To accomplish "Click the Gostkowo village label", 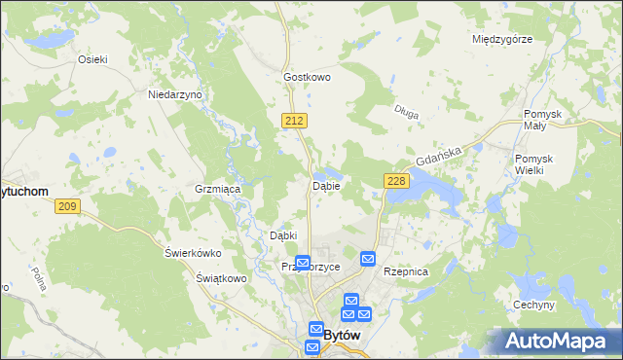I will (308, 76).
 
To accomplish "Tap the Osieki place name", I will (92, 58).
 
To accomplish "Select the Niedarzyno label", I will (174, 95).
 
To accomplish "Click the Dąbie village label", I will (325, 186).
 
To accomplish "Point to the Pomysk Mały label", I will (543, 121).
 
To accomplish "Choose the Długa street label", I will (408, 113).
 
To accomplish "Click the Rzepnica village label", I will (406, 272).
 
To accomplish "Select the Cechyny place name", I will (534, 305).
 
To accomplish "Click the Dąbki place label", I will (282, 235).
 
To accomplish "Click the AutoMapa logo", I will (552, 341).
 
